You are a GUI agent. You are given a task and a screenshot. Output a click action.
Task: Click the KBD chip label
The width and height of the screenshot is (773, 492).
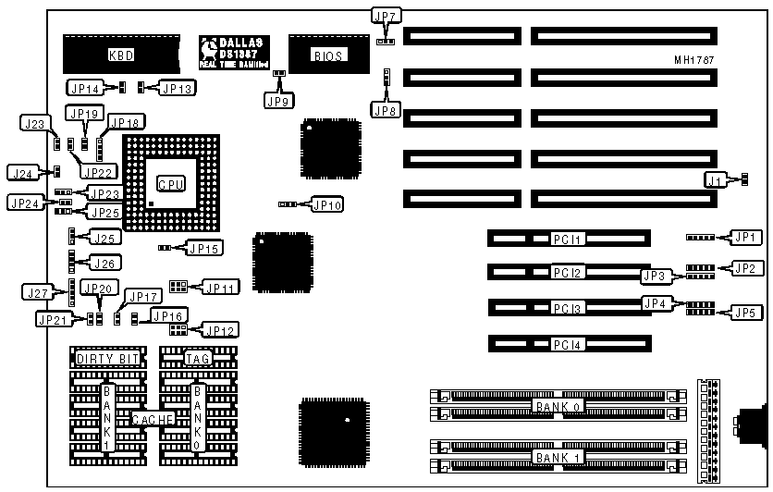coord(122,55)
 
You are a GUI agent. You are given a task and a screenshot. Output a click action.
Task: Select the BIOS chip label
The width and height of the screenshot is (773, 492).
coord(328,56)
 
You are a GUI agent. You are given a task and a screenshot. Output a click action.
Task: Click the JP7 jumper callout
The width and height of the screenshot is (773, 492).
coord(386,16)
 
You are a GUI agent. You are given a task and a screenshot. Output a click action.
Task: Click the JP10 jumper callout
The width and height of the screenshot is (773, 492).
coord(326,203)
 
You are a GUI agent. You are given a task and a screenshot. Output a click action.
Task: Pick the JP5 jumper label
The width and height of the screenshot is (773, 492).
coord(746,312)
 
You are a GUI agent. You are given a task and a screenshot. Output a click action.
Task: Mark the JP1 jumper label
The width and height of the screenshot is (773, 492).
coord(746,238)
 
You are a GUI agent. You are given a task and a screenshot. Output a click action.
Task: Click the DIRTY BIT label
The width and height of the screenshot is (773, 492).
coord(101,358)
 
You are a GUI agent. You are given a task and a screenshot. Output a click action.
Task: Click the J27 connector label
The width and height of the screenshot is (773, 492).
coord(34,293)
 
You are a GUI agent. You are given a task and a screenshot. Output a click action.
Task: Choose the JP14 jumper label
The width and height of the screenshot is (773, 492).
coord(84,88)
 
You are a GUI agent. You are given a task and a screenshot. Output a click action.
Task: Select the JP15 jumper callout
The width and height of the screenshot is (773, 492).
coord(203,248)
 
